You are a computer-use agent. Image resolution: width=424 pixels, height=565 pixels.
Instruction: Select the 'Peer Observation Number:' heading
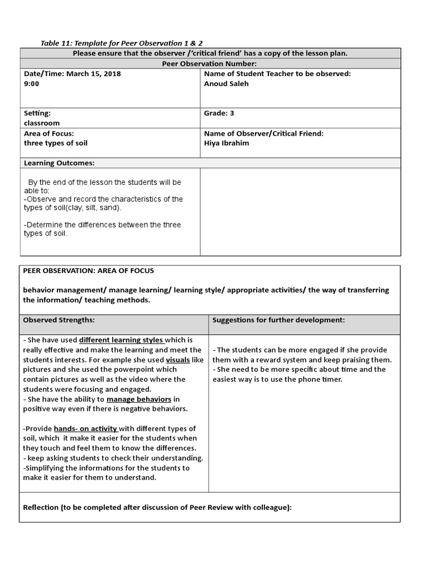[x=210, y=63]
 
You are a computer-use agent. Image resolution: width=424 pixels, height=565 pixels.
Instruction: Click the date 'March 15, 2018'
[x=93, y=73]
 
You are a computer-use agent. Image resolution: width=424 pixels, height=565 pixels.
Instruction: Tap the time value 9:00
[x=31, y=83]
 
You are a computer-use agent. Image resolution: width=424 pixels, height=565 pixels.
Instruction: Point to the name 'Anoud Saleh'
[x=226, y=83]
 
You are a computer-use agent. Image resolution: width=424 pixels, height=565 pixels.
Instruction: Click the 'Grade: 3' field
[x=219, y=113]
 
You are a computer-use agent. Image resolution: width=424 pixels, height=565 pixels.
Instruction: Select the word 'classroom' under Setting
[x=41, y=123]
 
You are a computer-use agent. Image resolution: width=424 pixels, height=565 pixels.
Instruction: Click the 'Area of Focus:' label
[x=49, y=134]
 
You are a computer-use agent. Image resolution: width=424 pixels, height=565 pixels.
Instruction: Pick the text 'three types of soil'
[x=55, y=143]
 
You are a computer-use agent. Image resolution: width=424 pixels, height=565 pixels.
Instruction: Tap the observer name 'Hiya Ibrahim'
[x=226, y=143]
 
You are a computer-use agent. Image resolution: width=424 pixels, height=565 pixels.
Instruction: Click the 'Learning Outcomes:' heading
[x=59, y=163]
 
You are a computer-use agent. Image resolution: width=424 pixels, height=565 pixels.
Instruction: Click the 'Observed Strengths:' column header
[x=59, y=319]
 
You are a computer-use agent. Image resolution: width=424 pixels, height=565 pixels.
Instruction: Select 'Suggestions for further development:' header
[x=279, y=319]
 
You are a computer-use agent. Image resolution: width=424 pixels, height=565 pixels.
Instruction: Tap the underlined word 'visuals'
[x=178, y=360]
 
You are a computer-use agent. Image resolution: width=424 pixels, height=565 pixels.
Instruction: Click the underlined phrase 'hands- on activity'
[x=85, y=429]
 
